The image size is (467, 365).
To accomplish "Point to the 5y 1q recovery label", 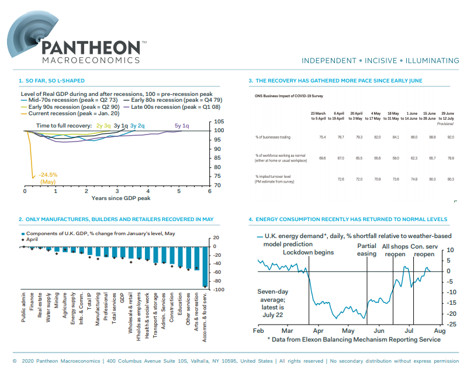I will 182,126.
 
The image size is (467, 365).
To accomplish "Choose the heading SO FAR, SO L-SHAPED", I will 54,81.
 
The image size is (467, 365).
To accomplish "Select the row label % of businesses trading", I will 274,137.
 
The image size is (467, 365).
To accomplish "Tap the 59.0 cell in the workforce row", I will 395,158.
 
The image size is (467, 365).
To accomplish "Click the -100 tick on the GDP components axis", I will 216,290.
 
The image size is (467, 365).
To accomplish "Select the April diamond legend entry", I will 33,240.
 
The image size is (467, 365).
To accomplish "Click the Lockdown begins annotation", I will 308,252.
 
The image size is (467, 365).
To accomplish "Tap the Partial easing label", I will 366,250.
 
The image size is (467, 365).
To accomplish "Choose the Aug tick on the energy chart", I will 440,331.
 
